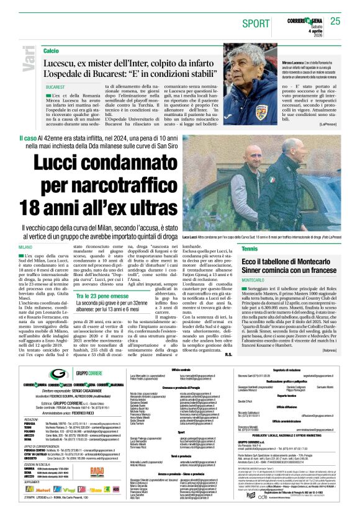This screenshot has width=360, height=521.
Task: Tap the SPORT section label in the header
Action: (253, 23)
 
